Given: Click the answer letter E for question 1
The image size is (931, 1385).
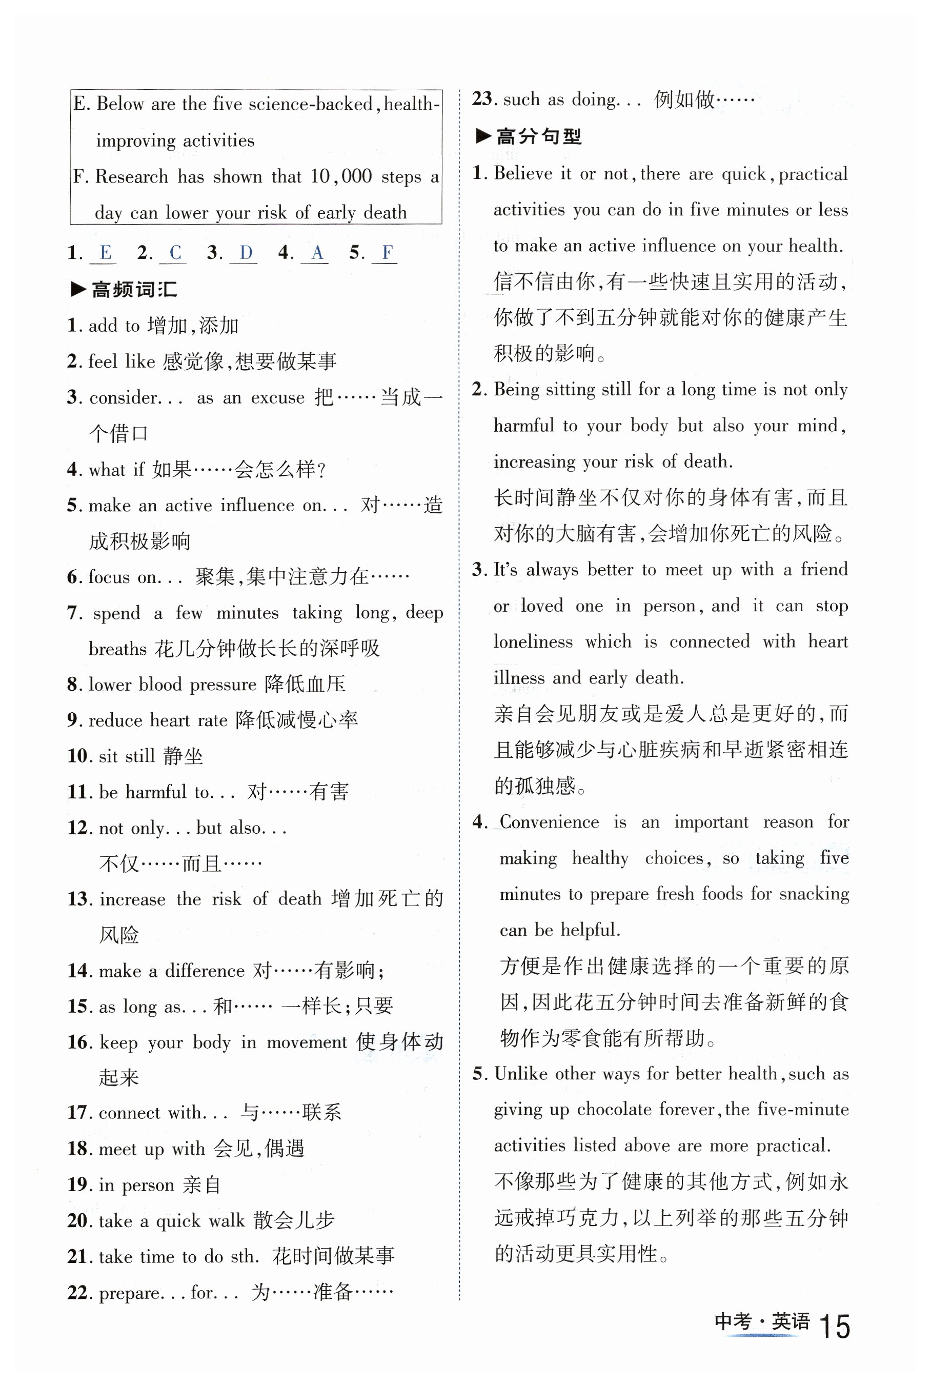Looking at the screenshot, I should point(105,252).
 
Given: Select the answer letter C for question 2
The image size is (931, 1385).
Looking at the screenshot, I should point(175,252).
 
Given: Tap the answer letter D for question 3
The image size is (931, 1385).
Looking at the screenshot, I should point(246,252).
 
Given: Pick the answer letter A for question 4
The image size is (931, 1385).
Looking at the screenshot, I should point(317,252).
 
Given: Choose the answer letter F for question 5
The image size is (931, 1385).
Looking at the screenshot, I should point(387,252).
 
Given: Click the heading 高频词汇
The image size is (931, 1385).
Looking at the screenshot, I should point(134,290).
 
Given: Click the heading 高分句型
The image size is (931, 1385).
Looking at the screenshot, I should point(538,136).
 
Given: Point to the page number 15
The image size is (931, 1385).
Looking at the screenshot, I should point(834,1326).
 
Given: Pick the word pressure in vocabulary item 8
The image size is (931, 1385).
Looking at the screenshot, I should point(222,684).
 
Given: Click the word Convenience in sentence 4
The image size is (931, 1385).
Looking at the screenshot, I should point(549,822).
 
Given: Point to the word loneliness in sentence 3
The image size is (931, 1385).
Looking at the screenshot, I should point(533,641).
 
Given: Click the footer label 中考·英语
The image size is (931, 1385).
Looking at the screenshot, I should point(762,1321).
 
